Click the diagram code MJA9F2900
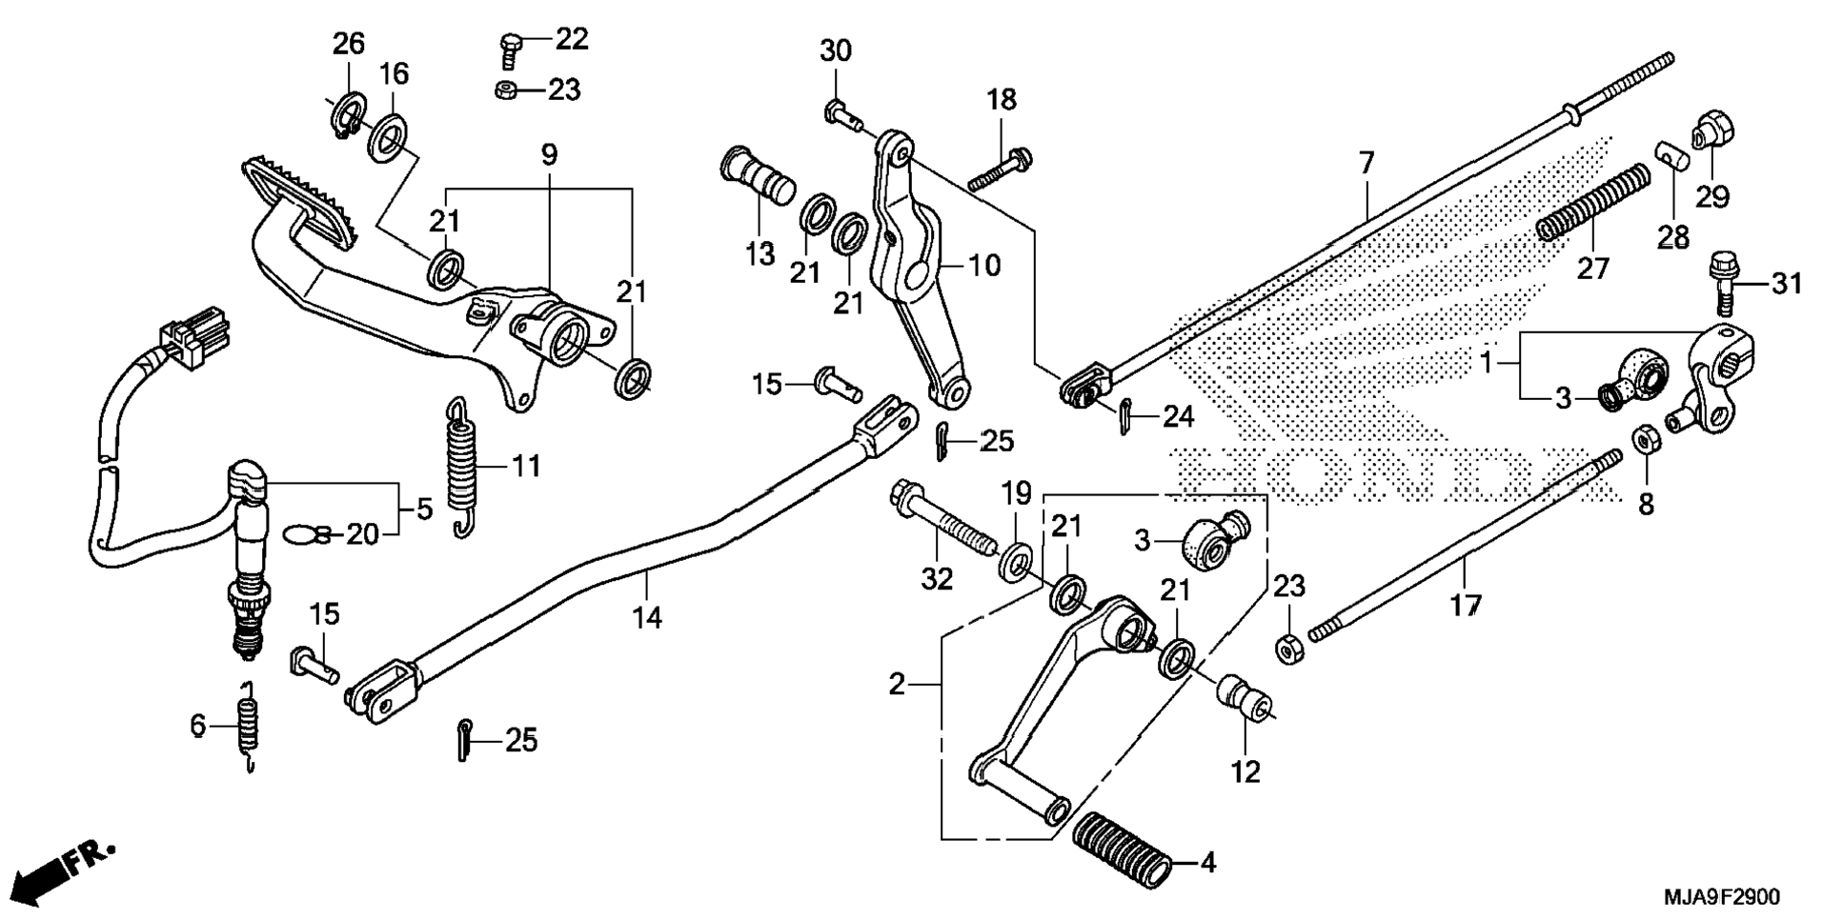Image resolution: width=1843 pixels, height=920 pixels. click(1721, 897)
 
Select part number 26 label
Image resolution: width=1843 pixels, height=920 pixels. click(348, 44)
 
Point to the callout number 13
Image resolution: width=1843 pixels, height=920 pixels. click(760, 254)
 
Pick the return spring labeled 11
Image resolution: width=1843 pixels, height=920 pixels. click(461, 467)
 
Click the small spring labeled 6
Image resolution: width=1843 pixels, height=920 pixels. click(247, 727)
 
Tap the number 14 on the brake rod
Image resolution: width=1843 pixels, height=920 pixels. click(647, 617)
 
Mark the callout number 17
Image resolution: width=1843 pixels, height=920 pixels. click(1466, 604)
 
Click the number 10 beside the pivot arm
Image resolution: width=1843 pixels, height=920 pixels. click(985, 265)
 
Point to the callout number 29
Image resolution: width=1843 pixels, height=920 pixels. click(1711, 197)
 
